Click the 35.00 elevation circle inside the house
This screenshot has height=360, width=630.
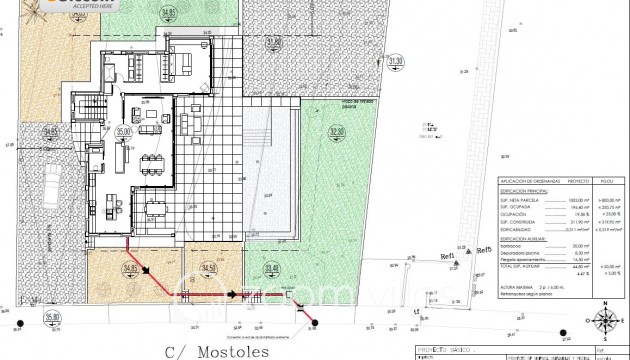click(x=124, y=131)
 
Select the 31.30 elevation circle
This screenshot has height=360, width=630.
click(x=395, y=62)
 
